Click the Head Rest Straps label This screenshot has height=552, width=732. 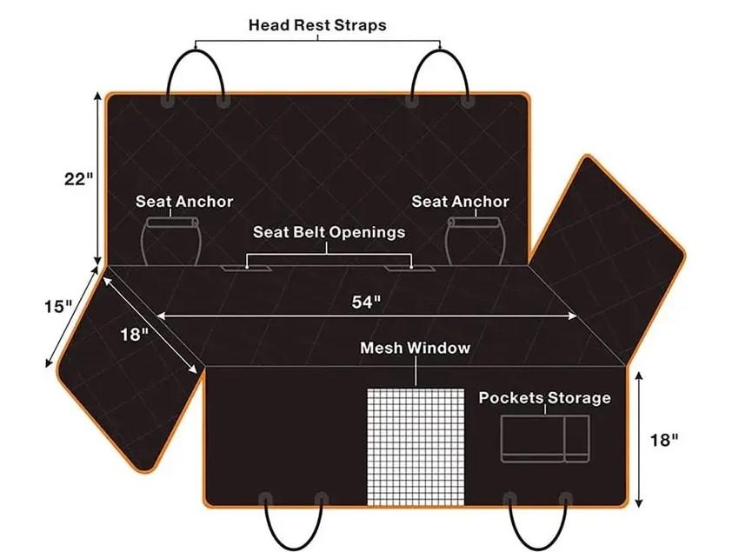317,24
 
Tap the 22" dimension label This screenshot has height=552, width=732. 79,179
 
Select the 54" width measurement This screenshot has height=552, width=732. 367,302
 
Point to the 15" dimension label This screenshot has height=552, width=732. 58,307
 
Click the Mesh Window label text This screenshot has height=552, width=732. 415,348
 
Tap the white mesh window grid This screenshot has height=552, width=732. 416,447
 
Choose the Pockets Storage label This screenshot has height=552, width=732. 545,397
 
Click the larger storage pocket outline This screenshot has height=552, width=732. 533,439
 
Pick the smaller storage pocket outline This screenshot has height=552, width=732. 577,439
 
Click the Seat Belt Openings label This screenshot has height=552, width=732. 329,232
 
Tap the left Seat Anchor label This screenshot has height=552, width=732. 184,202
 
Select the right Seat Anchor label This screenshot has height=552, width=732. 460,202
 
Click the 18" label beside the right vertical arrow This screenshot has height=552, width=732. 665,440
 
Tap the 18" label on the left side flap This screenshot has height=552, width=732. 134,334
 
